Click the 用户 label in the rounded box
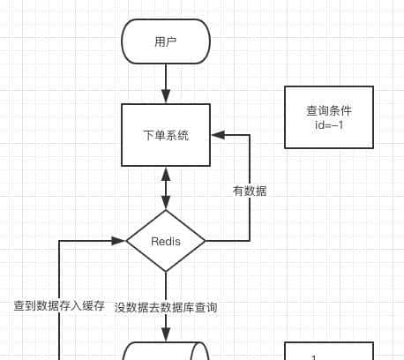[166, 42]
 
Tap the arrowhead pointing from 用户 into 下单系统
[166, 98]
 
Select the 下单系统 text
[166, 135]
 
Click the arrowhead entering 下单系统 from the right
[217, 135]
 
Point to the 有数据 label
[250, 191]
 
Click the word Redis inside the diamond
[166, 241]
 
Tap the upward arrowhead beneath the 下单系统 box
[166, 173]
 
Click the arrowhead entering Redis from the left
[120, 240]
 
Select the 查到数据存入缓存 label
[58, 306]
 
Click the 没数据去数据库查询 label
[166, 307]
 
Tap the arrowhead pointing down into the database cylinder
[166, 336]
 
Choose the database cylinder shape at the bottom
[166, 352]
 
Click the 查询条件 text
[329, 110]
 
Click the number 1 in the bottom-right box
[314, 356]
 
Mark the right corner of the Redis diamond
[206, 240]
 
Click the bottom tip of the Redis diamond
[166, 272]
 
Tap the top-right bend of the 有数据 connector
[250, 135]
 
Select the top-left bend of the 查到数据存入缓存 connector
[59, 240]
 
